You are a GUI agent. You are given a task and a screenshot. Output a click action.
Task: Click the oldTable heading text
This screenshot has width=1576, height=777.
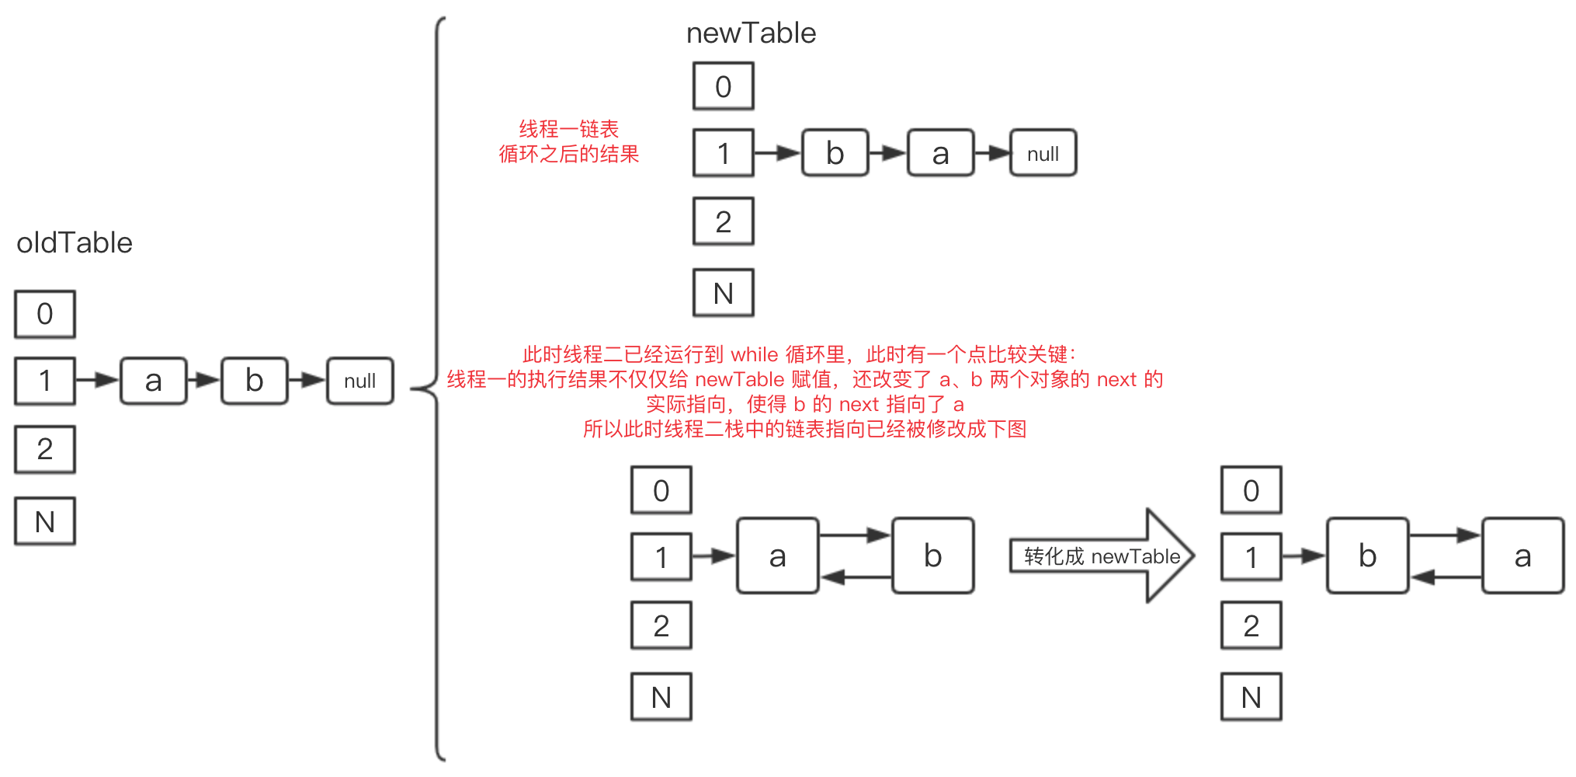pos(75,243)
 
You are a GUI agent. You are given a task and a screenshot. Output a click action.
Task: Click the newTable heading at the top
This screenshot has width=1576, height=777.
pos(751,33)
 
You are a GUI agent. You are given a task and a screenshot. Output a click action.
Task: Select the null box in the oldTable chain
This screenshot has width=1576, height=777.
pos(359,381)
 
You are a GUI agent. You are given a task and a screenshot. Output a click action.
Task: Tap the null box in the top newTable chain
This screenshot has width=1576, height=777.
pos(1043,154)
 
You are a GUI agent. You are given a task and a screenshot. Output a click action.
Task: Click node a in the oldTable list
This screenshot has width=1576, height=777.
pos(154,381)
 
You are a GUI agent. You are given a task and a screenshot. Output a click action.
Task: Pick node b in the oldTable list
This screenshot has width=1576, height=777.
pos(255,381)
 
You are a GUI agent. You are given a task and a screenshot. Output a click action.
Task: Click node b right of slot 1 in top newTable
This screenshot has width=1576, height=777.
pos(835,153)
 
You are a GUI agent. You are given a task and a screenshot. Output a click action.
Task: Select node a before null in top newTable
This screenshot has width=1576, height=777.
pos(940,153)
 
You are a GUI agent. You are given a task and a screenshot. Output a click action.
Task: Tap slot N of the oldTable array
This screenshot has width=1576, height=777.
pos(45,521)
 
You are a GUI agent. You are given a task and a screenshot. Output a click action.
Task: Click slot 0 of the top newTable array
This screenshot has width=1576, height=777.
pos(723,86)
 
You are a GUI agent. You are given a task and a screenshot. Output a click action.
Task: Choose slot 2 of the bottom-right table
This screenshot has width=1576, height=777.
pos(1251,625)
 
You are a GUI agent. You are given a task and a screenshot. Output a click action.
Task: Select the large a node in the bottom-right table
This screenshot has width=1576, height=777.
pos(1522,556)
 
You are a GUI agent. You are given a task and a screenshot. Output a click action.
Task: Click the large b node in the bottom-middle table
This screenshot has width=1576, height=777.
pos(932,556)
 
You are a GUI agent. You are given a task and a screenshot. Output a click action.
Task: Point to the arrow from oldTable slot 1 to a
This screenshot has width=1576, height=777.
pos(97,380)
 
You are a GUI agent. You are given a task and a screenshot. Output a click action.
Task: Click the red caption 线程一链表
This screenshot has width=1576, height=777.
pos(568,129)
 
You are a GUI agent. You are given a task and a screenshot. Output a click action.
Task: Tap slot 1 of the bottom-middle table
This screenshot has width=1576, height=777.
pos(661,557)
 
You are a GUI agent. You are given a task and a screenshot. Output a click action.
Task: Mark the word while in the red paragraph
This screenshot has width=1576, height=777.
pos(754,355)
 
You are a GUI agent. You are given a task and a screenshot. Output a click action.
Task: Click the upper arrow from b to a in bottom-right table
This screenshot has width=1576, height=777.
pos(1445,535)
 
